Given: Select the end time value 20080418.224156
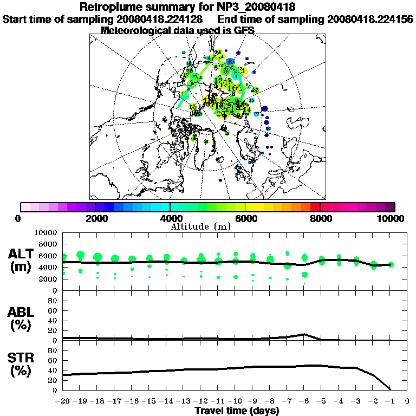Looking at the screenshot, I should click(x=370, y=19).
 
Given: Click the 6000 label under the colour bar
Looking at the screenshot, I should click(x=245, y=219).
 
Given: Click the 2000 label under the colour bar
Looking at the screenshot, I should click(x=95, y=219).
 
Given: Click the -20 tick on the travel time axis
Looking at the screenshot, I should click(x=63, y=401).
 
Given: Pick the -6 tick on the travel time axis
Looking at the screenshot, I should click(x=304, y=401).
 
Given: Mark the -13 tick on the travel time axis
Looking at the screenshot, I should click(x=184, y=401).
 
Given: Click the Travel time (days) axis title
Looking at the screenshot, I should click(x=237, y=411).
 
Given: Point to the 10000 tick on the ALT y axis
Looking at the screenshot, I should click(x=47, y=232).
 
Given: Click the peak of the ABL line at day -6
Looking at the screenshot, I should click(x=304, y=334).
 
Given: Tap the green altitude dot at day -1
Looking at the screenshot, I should click(x=391, y=264).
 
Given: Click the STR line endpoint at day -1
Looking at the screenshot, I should click(x=391, y=389).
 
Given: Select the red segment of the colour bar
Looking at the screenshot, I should click(x=315, y=207).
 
